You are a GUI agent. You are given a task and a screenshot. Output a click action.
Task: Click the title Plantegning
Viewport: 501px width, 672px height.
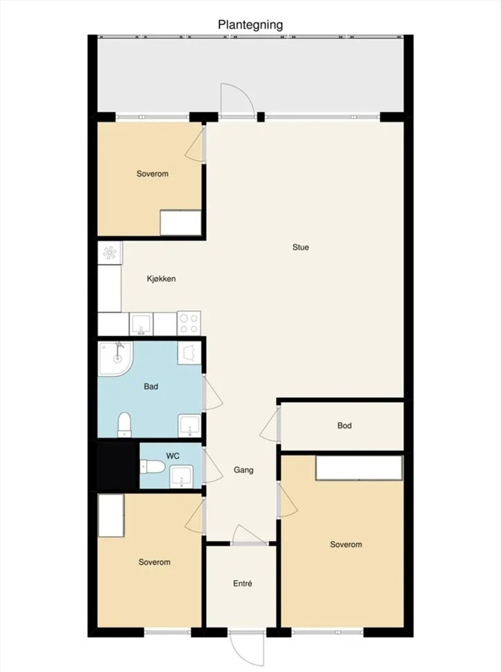250,25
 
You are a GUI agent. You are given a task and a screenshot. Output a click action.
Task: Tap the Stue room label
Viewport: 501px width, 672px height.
300,247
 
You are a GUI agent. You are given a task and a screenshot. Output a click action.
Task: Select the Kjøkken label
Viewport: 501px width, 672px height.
161,279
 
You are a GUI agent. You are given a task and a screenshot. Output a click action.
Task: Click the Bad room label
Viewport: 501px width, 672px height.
151,386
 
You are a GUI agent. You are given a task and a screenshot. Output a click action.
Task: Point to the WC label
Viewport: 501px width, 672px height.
173,456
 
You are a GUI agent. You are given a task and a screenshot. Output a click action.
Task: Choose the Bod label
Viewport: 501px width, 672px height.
344,425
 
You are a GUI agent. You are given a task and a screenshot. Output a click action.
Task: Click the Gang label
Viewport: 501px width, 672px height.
244,470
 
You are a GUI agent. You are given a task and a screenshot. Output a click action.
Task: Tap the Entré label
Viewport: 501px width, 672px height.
242,583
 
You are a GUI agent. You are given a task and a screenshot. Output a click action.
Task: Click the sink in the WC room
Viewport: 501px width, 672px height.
182,476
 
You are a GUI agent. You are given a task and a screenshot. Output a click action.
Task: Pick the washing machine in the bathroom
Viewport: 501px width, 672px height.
189,353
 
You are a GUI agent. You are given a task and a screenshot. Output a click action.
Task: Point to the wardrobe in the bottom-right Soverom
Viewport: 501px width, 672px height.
359,468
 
